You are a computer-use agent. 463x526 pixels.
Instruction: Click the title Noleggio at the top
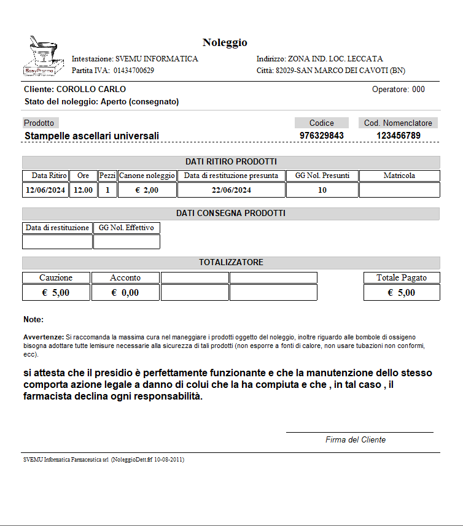coord(225,42)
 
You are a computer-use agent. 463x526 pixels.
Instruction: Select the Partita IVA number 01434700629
coord(133,71)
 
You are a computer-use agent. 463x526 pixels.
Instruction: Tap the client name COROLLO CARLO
coord(91,90)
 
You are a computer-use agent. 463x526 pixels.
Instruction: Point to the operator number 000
coord(418,90)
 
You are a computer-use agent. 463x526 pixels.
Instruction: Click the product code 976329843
coord(321,135)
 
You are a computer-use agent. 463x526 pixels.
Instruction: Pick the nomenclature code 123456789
coord(399,135)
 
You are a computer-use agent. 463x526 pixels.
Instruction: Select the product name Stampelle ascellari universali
coord(91,136)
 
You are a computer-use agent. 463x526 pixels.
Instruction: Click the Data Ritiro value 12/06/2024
coord(45,190)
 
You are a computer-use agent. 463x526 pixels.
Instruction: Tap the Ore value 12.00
coord(83,190)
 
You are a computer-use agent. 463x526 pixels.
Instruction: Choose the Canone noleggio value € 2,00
coord(147,190)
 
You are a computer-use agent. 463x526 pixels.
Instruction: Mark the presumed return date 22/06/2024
coord(231,190)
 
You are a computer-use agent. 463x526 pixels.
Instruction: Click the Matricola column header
coord(399,176)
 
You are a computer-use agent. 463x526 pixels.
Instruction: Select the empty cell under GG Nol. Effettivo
coord(126,242)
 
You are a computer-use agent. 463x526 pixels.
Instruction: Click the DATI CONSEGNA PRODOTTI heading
coord(231,214)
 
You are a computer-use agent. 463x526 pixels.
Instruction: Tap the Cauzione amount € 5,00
coord(56,293)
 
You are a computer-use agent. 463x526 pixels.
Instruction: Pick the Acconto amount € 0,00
coord(125,293)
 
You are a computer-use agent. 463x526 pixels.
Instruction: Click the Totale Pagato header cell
coord(402,277)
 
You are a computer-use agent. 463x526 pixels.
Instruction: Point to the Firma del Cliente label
coord(356,439)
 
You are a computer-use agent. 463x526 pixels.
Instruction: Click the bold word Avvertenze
coord(43,337)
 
